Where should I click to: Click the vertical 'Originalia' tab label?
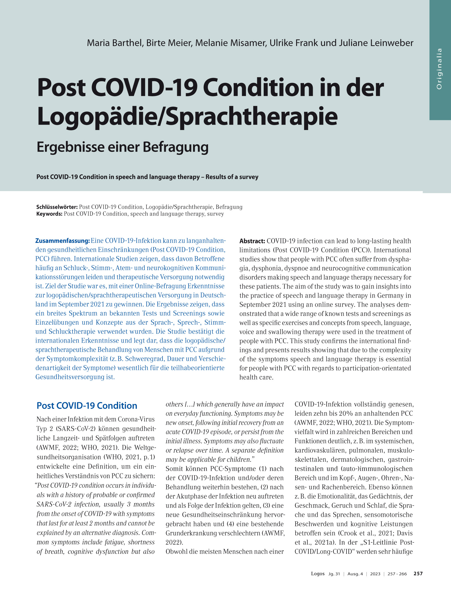439,69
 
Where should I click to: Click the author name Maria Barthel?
115,43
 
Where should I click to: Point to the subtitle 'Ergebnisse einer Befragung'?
122,147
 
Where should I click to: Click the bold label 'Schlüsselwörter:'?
57,207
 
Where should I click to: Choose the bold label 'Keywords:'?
49,214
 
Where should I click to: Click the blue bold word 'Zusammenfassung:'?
62,241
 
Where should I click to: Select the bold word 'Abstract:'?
252,241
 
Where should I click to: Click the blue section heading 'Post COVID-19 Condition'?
87,406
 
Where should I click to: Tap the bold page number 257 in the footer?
418,573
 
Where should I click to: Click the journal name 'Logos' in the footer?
318,573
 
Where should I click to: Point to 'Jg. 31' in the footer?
334,574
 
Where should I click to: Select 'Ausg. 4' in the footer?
355,574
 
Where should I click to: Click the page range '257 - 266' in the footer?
397,574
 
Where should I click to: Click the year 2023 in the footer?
375,574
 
